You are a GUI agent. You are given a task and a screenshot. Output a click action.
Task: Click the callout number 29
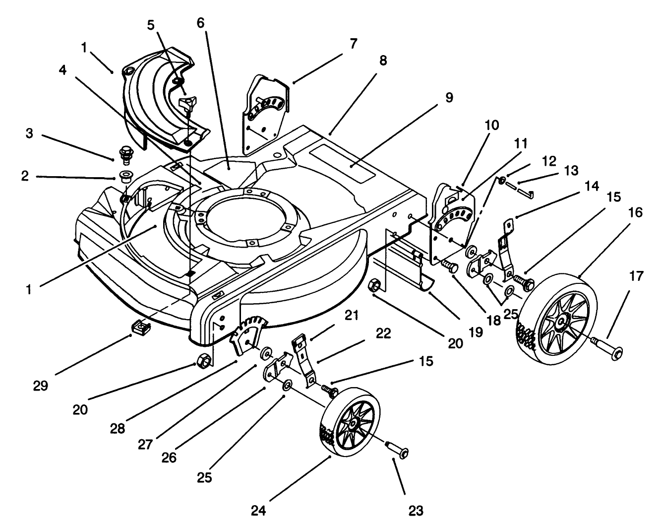pos(41,386)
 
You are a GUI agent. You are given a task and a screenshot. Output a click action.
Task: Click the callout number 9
pos(448,97)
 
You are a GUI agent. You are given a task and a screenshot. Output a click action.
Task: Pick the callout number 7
pos(353,44)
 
